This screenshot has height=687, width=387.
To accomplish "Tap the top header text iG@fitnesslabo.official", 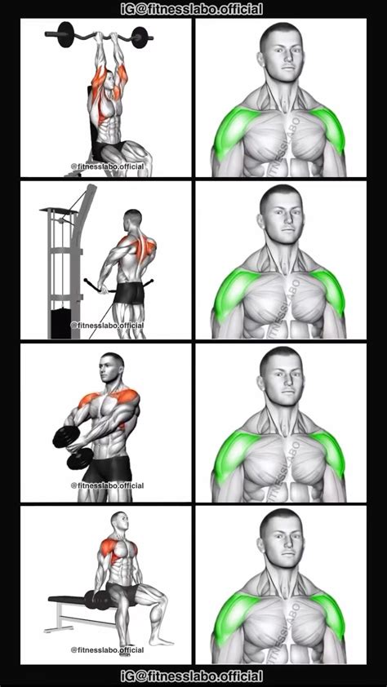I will (193, 9).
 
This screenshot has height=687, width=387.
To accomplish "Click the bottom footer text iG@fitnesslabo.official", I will (193, 676).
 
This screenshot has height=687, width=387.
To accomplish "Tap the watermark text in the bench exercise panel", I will (107, 649).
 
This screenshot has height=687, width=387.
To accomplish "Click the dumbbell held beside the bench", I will (103, 601).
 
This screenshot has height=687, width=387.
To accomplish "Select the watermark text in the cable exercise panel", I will (107, 324).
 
